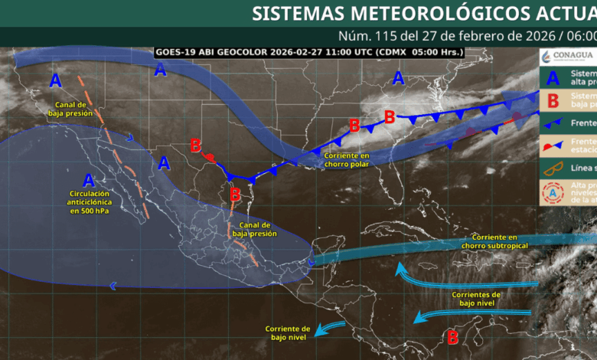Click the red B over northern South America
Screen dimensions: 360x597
click(452, 335)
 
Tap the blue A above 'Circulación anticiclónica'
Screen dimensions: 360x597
click(89, 181)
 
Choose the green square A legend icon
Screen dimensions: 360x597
click(553, 77)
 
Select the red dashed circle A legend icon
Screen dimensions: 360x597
click(553, 194)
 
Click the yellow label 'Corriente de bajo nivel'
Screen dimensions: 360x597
click(288, 332)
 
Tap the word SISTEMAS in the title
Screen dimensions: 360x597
click(299, 13)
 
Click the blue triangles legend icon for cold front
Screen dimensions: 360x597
click(553, 122)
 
